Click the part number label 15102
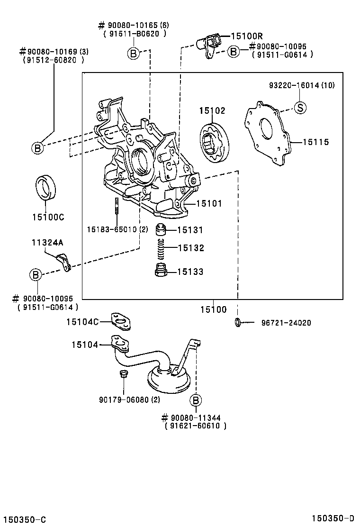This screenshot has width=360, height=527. click(212, 110)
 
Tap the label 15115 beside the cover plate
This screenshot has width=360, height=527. click(316, 142)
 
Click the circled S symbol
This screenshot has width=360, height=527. click(300, 108)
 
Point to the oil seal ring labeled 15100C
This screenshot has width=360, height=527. click(45, 187)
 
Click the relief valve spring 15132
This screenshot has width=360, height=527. click(162, 248)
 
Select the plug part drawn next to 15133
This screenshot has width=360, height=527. click(162, 271)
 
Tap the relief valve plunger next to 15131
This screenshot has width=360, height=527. click(162, 230)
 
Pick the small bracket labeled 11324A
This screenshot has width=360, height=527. click(64, 261)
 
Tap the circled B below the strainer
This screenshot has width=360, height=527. click(195, 400)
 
